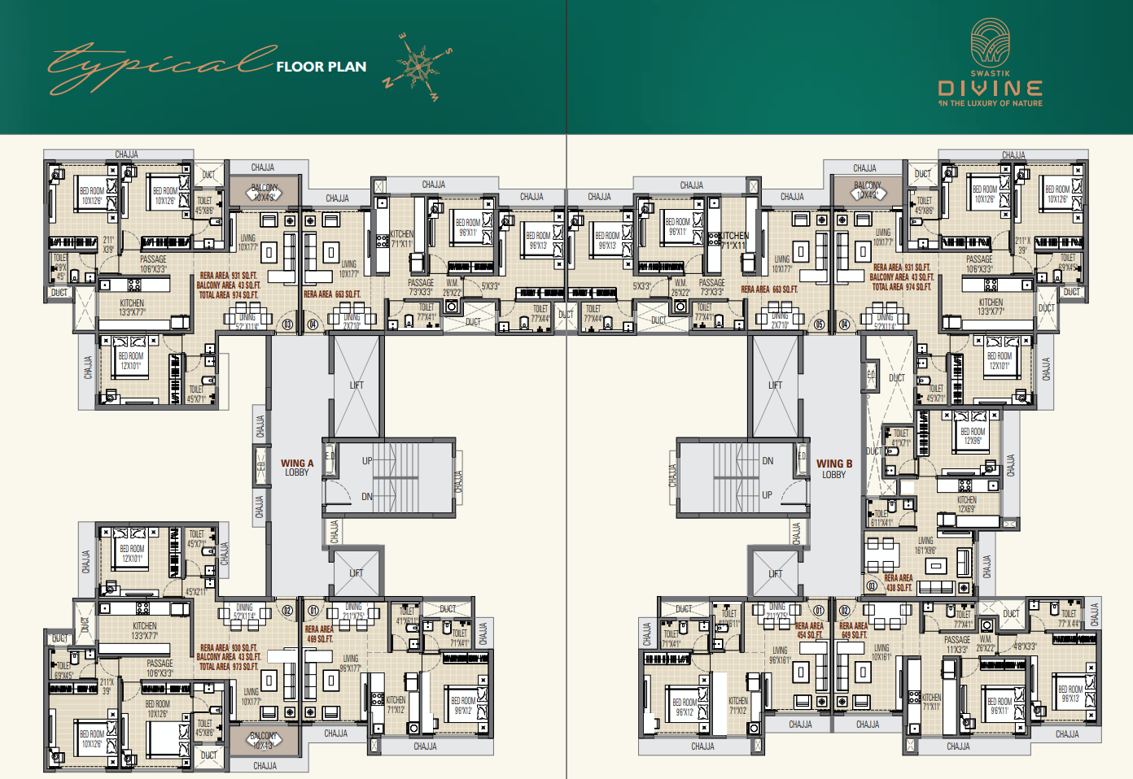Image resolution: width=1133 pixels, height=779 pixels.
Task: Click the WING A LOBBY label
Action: (297, 468)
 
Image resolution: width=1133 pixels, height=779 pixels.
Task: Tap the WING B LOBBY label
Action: (834, 469)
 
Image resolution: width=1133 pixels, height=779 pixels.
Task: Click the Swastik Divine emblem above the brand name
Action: (991, 42)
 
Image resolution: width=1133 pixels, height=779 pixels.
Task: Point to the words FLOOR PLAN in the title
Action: (322, 67)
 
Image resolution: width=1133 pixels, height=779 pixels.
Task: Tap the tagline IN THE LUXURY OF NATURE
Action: (991, 103)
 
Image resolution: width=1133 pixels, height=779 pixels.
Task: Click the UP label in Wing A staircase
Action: (367, 461)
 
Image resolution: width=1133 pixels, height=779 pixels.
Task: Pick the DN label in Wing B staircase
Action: (768, 461)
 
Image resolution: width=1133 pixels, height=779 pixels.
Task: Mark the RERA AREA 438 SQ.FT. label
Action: (899, 583)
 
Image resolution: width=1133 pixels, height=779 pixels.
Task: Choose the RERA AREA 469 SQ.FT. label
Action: (319, 633)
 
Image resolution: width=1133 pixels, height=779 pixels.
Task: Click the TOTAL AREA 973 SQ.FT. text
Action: (229, 667)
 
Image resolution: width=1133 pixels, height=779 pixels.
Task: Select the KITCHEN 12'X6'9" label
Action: (967, 504)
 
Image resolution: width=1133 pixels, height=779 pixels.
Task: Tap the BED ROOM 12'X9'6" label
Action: (973, 436)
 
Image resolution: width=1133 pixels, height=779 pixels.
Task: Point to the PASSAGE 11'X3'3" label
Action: (957, 645)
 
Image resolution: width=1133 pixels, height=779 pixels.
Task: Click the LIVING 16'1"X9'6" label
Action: (925, 545)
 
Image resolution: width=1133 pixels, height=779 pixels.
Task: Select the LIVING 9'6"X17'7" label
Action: (351, 664)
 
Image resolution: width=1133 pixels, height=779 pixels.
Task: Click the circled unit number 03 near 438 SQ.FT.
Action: (872, 585)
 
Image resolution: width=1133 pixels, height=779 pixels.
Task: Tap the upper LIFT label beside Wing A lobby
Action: (357, 385)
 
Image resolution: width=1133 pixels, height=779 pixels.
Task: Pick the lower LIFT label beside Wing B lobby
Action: (776, 574)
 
